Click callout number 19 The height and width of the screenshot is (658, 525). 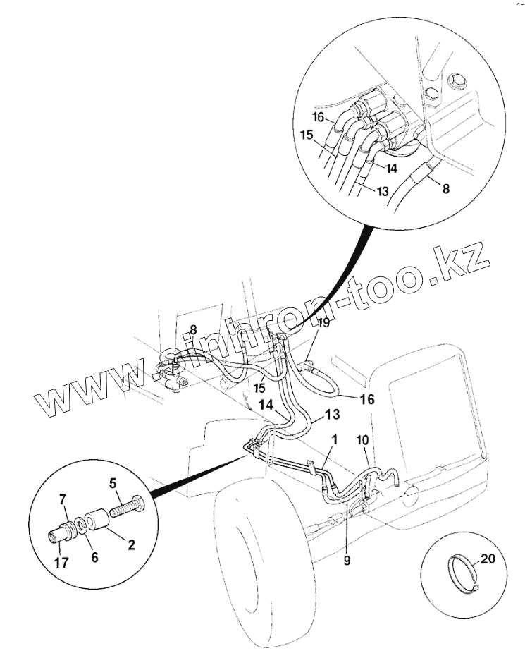pos(323,324)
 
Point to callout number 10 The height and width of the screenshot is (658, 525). pos(362,440)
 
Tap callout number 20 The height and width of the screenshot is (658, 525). pos(488,559)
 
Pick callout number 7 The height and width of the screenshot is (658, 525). pos(63,500)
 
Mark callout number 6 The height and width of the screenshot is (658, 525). pos(94,556)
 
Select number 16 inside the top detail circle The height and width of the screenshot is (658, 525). pos(319,118)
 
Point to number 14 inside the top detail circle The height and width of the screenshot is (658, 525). pos(391,169)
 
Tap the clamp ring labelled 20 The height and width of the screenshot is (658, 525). pos(462,571)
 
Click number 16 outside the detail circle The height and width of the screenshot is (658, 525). pos(367,399)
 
